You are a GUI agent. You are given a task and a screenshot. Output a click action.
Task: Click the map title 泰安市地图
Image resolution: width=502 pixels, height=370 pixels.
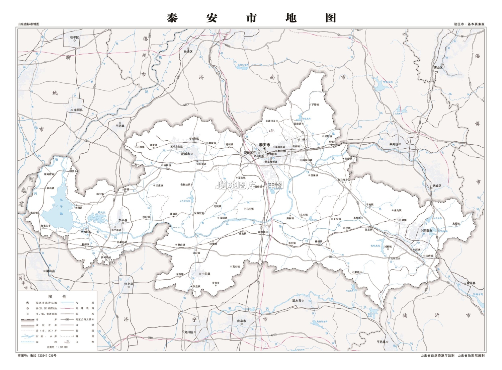coord(251,18)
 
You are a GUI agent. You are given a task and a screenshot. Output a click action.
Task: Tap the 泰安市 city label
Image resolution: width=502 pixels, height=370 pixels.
coord(264,145)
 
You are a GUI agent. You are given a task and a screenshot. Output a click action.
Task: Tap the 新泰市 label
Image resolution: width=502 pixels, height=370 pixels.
coord(427,231)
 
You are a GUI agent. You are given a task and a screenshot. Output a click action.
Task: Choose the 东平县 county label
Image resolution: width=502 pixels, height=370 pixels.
coord(122,220)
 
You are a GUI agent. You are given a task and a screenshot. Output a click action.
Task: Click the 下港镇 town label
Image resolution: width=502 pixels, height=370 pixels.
coord(315,104)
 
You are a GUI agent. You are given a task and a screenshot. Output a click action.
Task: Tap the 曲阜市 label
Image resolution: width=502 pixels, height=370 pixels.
coord(242,321)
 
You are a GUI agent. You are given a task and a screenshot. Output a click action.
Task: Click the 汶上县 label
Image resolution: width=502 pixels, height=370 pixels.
coord(129,284)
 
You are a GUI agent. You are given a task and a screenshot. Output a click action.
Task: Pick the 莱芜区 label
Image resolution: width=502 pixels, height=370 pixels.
coord(394,144)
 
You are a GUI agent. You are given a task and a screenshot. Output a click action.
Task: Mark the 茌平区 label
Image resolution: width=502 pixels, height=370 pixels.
coord(74,38)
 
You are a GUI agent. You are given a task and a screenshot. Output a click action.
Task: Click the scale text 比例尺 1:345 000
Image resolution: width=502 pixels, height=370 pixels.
coord(57,347)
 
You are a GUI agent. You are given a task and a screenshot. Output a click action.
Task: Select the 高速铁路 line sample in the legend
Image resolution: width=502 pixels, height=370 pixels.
coord(67,308)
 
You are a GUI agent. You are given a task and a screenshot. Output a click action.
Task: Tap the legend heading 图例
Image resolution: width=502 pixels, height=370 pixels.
coord(57,296)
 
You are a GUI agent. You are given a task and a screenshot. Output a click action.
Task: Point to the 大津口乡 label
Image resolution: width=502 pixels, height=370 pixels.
coord(270,121)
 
